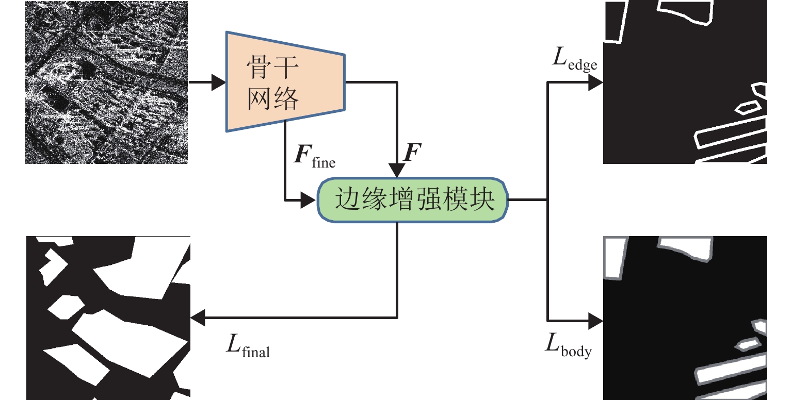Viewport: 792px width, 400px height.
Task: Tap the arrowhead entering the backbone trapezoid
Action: (219, 82)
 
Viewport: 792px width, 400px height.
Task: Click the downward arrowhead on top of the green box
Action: (397, 170)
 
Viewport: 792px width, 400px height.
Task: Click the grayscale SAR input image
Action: (106, 82)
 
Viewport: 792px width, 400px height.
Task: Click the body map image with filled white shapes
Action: (685, 318)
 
